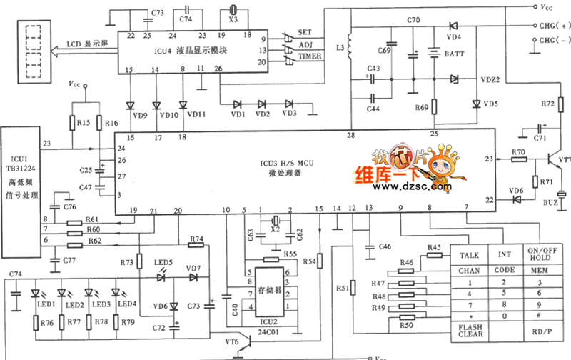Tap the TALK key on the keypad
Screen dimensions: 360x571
[x=468, y=255]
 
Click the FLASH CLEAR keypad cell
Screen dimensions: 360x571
[x=470, y=330]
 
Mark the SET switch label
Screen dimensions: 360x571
[x=305, y=32]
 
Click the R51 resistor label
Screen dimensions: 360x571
[x=343, y=288]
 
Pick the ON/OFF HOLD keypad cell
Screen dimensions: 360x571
[x=540, y=255]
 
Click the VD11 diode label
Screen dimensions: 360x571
[x=188, y=114]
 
